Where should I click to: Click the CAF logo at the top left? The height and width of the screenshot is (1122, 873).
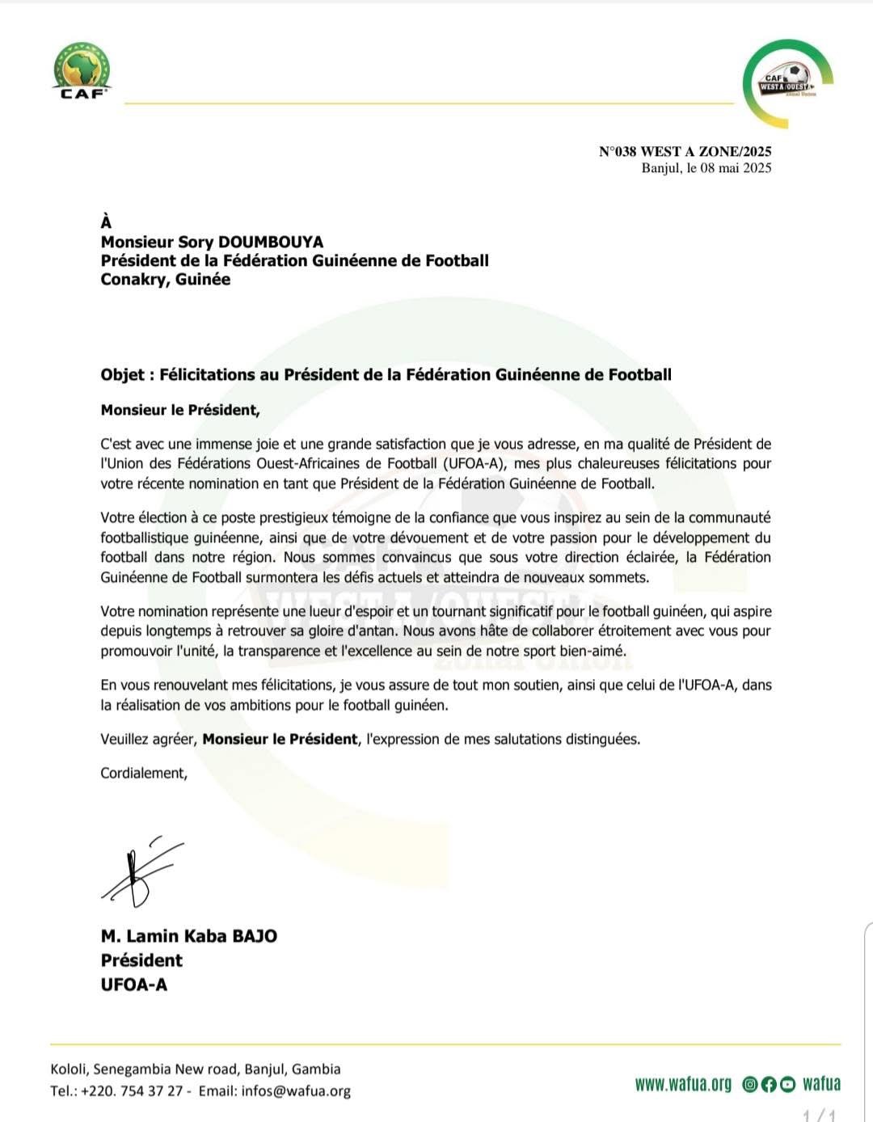pos(82,70)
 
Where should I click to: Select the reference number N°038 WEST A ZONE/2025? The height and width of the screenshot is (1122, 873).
pos(685,151)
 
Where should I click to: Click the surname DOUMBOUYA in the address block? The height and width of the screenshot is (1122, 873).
pos(271,242)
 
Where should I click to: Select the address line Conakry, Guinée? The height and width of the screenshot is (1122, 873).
pos(166,280)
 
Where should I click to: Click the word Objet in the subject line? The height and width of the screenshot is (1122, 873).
pos(123,375)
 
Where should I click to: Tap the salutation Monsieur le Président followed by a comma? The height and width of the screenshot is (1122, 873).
pos(180,410)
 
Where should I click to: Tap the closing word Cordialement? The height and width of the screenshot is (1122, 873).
pos(143,773)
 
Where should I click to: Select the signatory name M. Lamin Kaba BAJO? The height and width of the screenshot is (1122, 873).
pos(189,936)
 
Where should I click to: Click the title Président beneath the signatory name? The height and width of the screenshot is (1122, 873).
pos(141,960)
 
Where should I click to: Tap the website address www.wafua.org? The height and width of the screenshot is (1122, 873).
pos(683,1084)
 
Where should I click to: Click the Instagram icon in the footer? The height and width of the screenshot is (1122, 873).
pos(750,1085)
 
